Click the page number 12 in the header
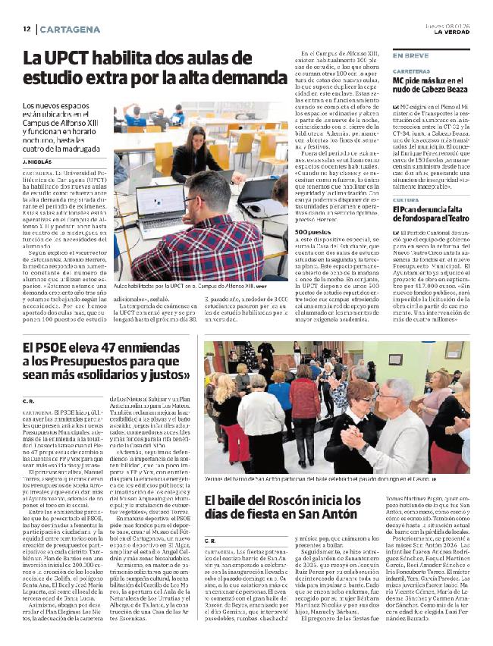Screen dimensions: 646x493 coord(26,28)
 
